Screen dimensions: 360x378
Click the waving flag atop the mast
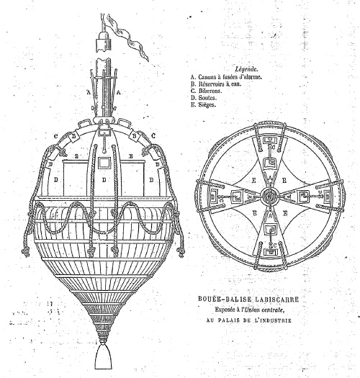click(127, 36)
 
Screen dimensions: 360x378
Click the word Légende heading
click(246, 69)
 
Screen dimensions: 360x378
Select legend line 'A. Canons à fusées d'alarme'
click(226, 77)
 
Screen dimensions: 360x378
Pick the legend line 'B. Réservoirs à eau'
click(216, 84)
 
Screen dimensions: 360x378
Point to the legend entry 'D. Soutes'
click(204, 98)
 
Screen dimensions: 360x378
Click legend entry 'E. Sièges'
click(203, 105)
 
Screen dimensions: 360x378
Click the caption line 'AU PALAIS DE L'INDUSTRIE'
click(248, 320)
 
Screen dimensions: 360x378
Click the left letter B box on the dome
click(74, 137)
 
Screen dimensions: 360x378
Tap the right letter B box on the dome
click(135, 137)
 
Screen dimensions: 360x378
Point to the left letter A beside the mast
click(89, 92)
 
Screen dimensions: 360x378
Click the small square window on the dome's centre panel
click(104, 163)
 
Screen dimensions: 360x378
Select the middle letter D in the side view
click(104, 180)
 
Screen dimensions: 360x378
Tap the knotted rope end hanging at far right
click(181, 252)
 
